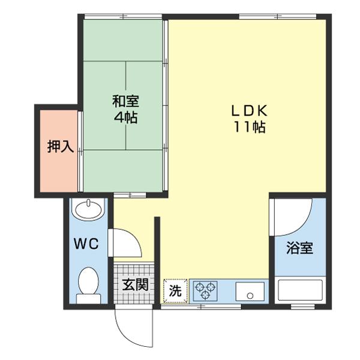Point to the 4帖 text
click(125, 117)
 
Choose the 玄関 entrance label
click(135, 284)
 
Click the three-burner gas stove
click(205, 291)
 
